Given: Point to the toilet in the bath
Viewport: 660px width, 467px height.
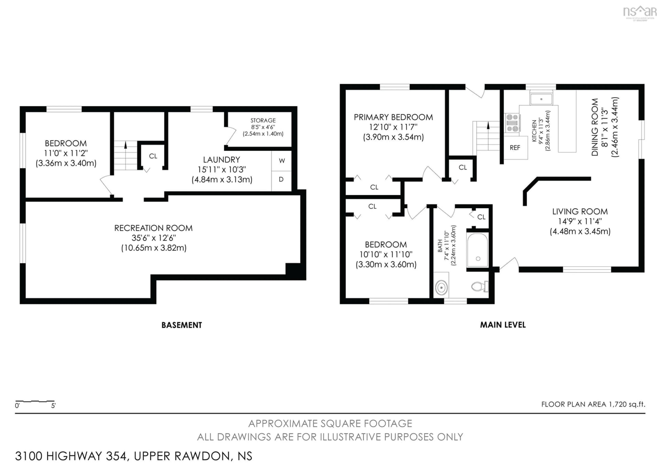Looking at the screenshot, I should coord(480,286).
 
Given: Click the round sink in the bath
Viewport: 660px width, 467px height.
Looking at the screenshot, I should coord(441,287).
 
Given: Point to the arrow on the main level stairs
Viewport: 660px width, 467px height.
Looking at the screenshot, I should coord(488,126).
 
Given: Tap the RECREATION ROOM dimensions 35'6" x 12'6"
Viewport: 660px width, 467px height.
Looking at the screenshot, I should coord(153,238).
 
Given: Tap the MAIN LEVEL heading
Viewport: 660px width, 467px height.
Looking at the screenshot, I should coord(503,325).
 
